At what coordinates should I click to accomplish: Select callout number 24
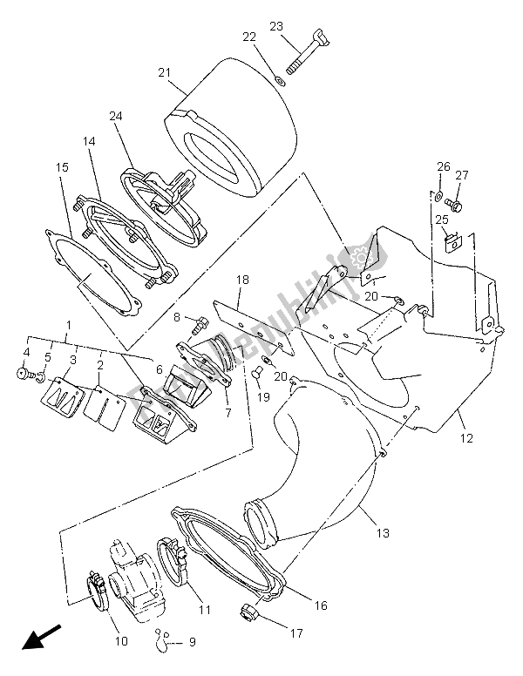(116, 116)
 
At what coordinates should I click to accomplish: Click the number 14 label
(89, 141)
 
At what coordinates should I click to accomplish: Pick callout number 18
(242, 280)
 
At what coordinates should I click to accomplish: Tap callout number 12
(467, 438)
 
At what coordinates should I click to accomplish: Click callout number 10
(120, 641)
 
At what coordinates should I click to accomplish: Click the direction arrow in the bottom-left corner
(37, 639)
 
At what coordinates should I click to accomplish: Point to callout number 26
(444, 166)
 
